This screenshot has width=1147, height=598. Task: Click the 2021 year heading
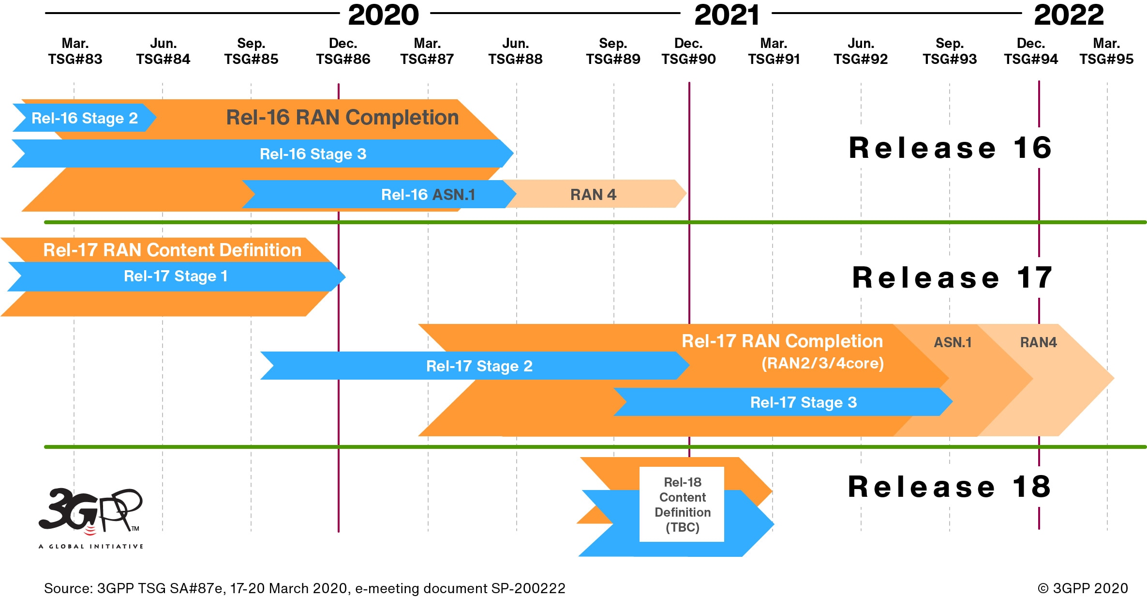(x=727, y=15)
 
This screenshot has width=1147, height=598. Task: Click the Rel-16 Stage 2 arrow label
(x=85, y=118)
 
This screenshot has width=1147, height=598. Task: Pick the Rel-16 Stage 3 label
(x=313, y=154)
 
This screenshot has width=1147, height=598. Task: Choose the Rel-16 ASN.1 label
(x=428, y=195)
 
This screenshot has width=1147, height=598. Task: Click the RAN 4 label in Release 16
(x=593, y=195)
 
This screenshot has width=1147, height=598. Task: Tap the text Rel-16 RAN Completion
(x=342, y=118)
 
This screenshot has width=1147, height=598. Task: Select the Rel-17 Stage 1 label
(x=176, y=276)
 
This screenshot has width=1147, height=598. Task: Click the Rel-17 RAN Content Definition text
(x=172, y=250)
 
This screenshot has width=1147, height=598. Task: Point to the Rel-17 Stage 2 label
(x=479, y=366)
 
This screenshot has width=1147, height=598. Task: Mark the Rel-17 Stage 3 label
(x=803, y=402)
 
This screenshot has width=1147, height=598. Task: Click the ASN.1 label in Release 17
(x=952, y=342)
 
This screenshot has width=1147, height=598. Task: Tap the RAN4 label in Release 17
(x=1038, y=342)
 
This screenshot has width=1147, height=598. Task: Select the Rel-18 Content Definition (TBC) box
(x=682, y=505)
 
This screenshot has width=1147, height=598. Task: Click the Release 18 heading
(x=949, y=487)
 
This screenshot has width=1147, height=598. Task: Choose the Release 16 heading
(x=950, y=148)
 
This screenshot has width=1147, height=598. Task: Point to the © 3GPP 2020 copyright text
(x=1083, y=588)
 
